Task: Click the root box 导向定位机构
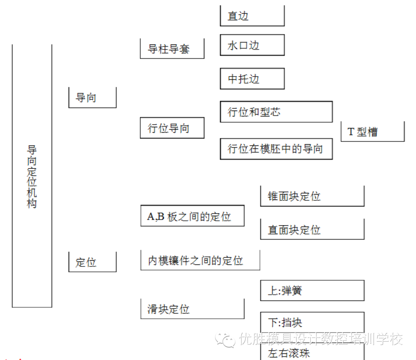(32, 176)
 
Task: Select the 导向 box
(92, 98)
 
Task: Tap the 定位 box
(92, 262)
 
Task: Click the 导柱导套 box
(172, 49)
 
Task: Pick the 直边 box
(252, 16)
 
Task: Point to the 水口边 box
(252, 45)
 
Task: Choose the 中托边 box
(252, 79)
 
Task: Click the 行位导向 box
(172, 128)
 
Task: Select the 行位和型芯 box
(276, 112)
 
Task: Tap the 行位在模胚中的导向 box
(276, 149)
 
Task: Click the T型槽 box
(372, 132)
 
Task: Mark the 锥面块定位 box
(312, 196)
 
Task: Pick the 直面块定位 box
(312, 229)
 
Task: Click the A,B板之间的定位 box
(192, 216)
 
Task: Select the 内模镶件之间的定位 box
(200, 261)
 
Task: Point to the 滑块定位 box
(192, 309)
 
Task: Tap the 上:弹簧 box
(312, 291)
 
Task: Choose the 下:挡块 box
(312, 322)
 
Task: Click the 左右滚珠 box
(312, 353)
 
